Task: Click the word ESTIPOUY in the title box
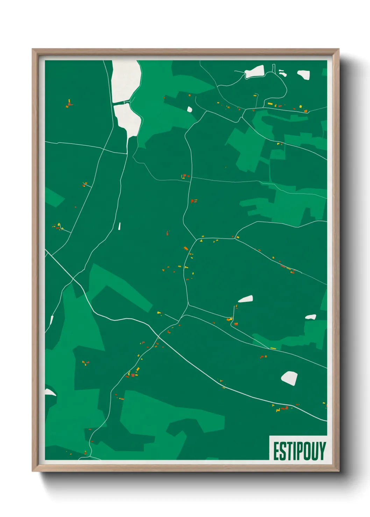pos(299,451)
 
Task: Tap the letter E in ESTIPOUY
pos(276,451)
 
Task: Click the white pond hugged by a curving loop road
pos(254,72)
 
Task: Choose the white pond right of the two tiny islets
pos(304,74)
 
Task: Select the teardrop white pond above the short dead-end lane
pos(246,299)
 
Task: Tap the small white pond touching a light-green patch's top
pos(311,317)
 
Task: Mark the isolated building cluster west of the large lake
pos(69,103)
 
